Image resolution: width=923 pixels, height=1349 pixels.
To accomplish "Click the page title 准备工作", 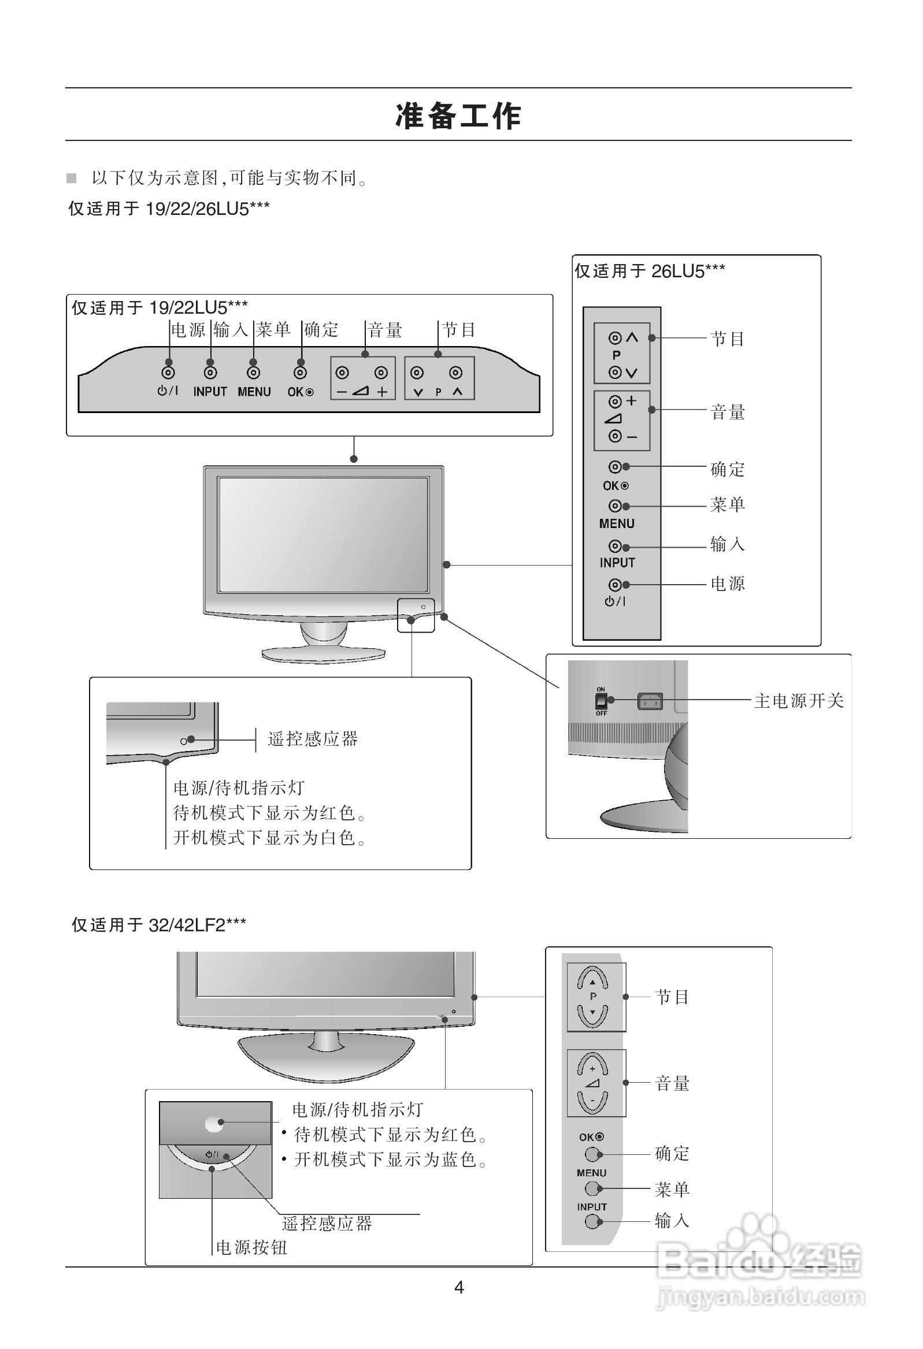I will tap(458, 116).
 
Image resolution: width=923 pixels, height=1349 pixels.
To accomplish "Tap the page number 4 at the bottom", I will tap(458, 1287).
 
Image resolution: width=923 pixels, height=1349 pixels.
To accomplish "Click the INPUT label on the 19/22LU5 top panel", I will tap(210, 392).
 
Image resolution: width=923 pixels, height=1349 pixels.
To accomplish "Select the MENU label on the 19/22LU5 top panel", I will tap(254, 392).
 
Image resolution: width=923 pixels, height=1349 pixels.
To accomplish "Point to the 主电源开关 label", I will tap(799, 701).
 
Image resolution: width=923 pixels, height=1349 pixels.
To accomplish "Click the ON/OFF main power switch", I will tap(601, 701).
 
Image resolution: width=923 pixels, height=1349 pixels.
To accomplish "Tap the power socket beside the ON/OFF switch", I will tap(650, 701).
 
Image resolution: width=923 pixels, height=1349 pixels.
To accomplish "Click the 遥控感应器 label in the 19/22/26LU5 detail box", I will tap(313, 739).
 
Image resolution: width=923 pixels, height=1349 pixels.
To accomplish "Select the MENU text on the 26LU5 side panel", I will tap(616, 523).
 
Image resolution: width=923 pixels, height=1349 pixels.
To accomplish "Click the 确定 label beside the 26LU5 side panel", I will tap(727, 469).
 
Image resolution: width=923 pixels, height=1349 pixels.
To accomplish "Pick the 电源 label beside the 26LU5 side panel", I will tap(727, 584).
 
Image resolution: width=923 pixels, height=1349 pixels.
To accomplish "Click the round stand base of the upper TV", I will tap(323, 654).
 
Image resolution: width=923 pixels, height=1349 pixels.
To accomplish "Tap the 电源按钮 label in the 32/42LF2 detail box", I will tap(251, 1247).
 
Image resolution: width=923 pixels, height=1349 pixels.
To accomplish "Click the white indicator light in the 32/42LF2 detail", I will tap(214, 1125).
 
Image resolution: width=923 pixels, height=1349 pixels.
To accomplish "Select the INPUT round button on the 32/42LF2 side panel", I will tap(592, 1221).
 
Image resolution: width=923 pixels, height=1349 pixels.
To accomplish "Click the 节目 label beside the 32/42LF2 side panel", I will tap(672, 997).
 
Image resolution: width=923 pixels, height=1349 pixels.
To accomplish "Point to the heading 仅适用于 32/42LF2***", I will tap(158, 925).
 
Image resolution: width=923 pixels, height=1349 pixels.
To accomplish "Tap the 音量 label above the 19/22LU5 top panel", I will tap(384, 330).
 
